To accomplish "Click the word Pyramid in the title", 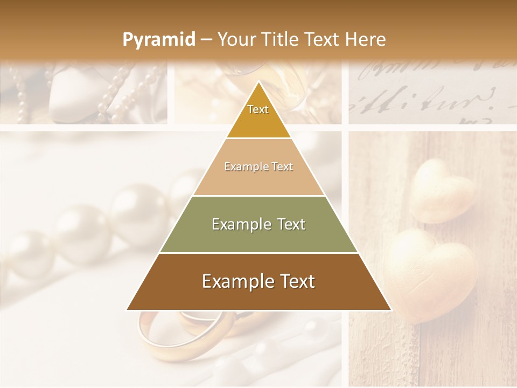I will tap(158, 39).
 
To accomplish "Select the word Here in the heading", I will tap(366, 39).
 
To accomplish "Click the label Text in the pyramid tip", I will tap(258, 109).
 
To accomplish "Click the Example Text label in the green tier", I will tap(258, 224).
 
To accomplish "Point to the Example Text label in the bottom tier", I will tap(258, 281).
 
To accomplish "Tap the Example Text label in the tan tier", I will tap(258, 167).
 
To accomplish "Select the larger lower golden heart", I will tap(431, 272).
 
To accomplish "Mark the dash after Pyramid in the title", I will tap(206, 40).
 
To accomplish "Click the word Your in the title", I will tap(236, 39).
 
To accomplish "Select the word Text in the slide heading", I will tap(323, 39).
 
